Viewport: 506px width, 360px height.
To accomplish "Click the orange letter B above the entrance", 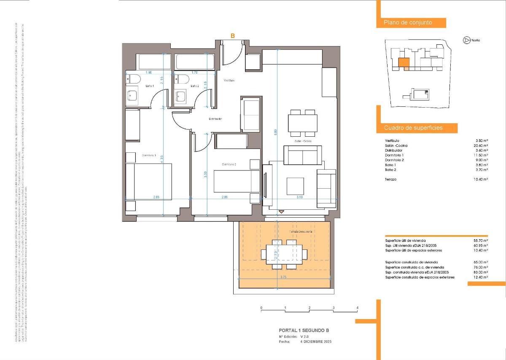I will pos(232,36).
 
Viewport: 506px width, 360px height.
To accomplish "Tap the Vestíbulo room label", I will pos(229,80).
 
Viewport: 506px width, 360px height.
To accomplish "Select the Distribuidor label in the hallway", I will pos(215,119).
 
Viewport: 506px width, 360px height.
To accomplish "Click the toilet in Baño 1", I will pos(134,79).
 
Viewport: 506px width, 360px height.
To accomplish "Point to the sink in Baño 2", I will pos(182,96).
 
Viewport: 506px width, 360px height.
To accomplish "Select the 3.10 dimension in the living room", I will pos(300,197).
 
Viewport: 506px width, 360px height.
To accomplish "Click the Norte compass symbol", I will pos(467,40).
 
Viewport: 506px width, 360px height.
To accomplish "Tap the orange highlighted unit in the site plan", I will pos(404,63).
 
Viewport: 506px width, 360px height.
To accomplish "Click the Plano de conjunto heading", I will pos(408,23).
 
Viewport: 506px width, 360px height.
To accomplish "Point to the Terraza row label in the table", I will pos(391,179).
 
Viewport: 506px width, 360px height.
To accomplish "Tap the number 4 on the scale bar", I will pos(357,308).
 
